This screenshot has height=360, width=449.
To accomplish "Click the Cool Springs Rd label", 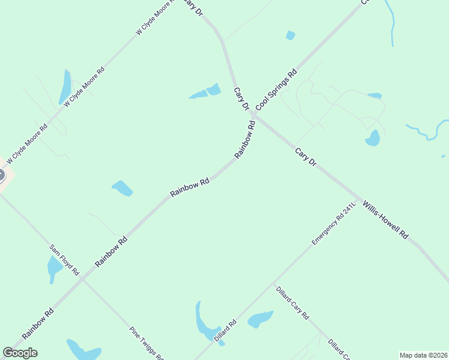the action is point(276,90).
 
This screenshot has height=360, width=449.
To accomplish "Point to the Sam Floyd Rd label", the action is point(65,260).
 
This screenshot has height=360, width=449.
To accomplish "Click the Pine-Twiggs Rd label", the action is point(146,343).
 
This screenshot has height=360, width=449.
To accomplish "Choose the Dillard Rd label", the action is point(225,331).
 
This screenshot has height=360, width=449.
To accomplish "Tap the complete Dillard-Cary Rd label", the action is point(292,303).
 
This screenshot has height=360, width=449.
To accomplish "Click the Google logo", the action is point(20,353).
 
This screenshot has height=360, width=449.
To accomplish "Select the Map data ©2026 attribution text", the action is point(423,355).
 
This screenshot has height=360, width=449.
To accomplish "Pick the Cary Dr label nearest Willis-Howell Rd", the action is point(305,157).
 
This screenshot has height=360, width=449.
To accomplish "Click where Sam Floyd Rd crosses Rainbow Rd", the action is point(85,278).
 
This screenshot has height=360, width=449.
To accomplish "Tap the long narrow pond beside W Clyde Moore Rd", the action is point(65,88).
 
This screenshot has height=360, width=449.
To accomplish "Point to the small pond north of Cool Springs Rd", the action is point(291,35).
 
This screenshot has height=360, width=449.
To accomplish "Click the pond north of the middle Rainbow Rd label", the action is point(122,188).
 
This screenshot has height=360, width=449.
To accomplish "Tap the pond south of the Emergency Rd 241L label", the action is point(260,319).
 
